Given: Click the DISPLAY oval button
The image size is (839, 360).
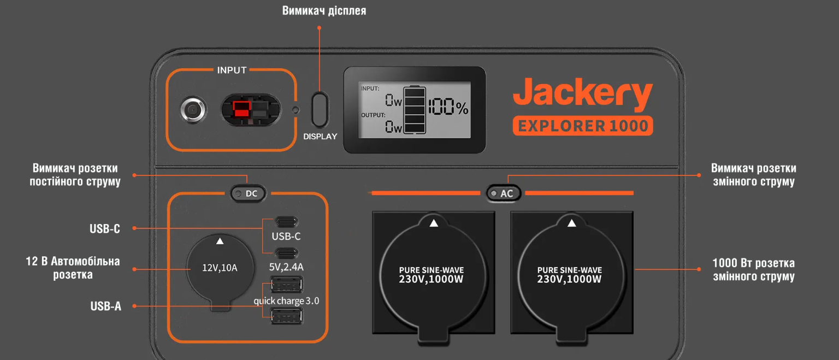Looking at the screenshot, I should coord(320,109).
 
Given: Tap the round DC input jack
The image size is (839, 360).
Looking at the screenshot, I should coord(193,110).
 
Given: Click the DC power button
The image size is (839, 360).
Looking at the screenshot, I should coord(248,193).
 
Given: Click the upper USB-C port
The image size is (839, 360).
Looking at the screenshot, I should coord(287,222).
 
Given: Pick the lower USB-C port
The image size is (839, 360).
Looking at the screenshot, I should coord(287,253).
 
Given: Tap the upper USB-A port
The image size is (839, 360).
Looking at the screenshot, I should coord(287,285).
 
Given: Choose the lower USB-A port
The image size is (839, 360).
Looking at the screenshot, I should coord(287,316).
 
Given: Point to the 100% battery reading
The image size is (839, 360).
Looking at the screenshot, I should coord(448,108).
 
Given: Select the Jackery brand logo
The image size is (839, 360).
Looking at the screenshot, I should coord(582,95).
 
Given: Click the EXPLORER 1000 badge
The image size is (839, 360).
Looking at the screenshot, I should coord(582,126).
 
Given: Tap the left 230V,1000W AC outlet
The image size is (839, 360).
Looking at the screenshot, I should coord(434,273).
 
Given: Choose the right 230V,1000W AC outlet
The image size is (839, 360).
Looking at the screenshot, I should coord(572,273).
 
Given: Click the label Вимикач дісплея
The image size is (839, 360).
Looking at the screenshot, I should coord(324,11).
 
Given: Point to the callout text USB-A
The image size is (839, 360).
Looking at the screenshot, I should coord(105,306).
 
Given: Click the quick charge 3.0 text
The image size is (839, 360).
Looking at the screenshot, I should coord(286,300).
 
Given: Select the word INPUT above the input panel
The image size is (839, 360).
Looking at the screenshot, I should coord(232,70).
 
